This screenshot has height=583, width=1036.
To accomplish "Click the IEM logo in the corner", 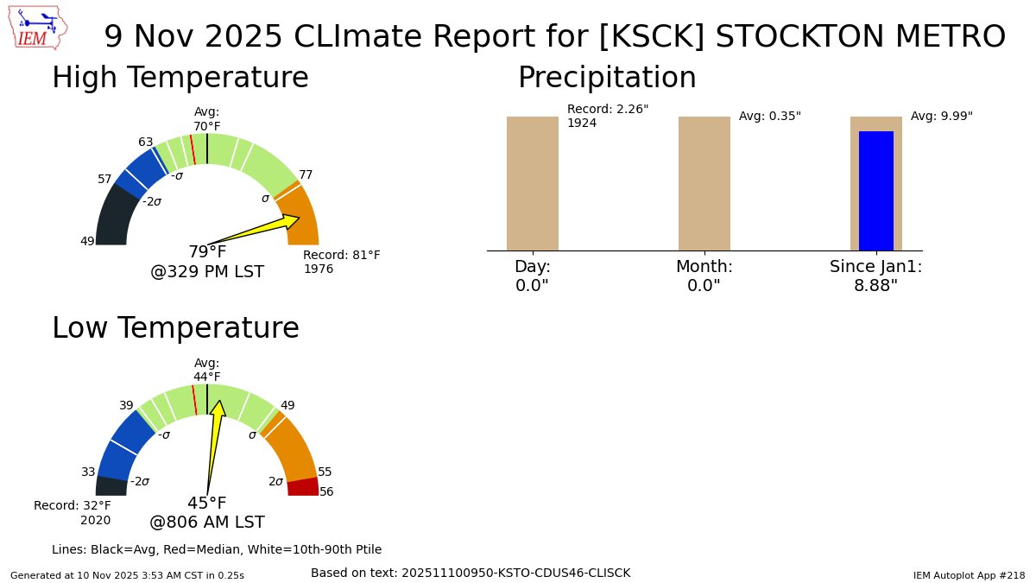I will [40, 29].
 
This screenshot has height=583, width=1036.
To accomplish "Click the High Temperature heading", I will [180, 78].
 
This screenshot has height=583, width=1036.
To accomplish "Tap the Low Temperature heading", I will [175, 328].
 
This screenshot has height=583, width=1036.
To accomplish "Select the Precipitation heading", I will [606, 78].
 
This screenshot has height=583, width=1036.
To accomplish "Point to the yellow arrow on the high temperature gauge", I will [259, 231].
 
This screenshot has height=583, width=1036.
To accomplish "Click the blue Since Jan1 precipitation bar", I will [875, 191].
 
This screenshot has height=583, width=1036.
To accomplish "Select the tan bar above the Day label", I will [532, 183].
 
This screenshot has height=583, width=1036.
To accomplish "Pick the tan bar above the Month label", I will [704, 183].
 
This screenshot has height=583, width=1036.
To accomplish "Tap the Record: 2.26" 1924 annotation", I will [607, 116].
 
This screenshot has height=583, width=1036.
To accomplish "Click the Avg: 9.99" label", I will [941, 116].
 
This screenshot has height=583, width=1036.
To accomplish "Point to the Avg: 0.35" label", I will [769, 116].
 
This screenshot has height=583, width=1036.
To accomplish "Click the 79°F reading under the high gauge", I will [207, 252].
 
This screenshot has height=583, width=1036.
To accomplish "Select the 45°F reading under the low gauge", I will [207, 504].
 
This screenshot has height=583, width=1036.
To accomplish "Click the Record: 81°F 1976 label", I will [341, 262].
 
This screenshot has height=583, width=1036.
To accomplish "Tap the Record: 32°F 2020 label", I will [73, 512].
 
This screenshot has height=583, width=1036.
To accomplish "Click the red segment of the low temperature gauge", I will [302, 487].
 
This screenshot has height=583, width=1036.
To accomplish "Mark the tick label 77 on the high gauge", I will [306, 174].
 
